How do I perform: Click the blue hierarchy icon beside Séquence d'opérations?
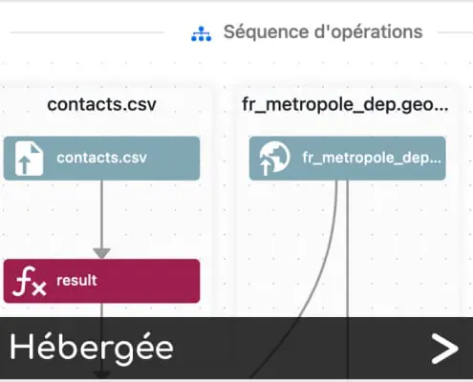coord(201,33)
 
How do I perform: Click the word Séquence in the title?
coord(266,32)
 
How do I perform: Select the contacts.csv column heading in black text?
coord(101,104)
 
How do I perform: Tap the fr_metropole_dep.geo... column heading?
coord(345,105)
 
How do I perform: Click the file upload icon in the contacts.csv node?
coord(29,159)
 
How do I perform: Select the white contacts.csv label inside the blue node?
coord(101,158)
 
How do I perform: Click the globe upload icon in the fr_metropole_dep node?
coord(274,159)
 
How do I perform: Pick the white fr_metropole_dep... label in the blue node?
coord(372,158)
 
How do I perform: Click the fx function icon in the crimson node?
coord(29,282)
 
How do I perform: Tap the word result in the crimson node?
coord(76,281)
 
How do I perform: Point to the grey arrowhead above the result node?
coord(101,253)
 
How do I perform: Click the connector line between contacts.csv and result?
coord(101,214)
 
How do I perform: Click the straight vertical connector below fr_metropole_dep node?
coord(347,280)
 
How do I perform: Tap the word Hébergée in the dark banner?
coord(92,348)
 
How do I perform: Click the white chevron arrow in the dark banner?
coord(444,349)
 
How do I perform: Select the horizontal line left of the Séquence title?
coord(87,32)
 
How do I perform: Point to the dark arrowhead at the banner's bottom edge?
coord(101,374)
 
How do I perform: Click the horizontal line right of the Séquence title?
coord(455,32)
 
